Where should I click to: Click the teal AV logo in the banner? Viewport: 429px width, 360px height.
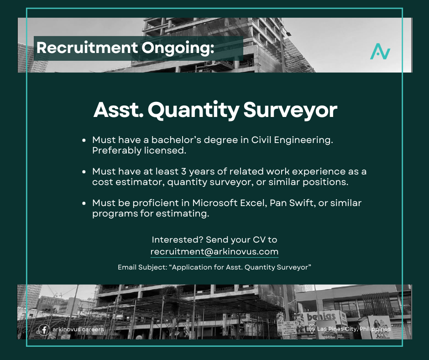(x=380, y=51)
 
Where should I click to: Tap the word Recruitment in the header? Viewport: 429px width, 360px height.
(x=87, y=48)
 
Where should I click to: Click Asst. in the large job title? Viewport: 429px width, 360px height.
(x=117, y=111)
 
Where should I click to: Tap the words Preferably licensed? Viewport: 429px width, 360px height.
(x=134, y=150)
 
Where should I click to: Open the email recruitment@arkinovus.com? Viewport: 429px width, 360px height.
(x=214, y=252)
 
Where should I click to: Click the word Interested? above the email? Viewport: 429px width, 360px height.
(x=177, y=239)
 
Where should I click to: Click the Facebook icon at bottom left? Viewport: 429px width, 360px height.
(x=44, y=329)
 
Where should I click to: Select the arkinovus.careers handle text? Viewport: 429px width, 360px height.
(x=78, y=329)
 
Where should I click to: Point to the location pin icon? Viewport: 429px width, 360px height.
(x=312, y=329)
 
